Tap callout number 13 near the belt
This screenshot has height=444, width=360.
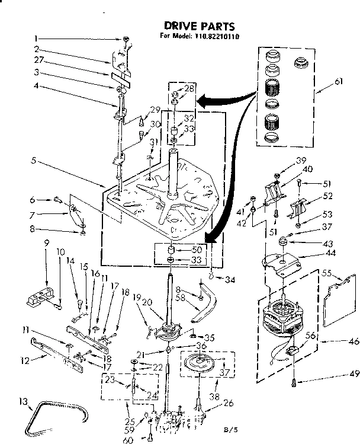(x=22, y=403)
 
